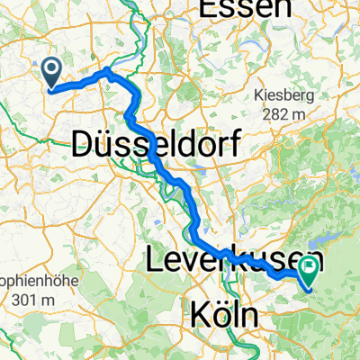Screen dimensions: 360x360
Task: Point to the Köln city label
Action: coord(224,316)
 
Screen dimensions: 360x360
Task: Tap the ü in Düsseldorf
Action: coord(103,141)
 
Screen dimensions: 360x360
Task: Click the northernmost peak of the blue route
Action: coord(107,70)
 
